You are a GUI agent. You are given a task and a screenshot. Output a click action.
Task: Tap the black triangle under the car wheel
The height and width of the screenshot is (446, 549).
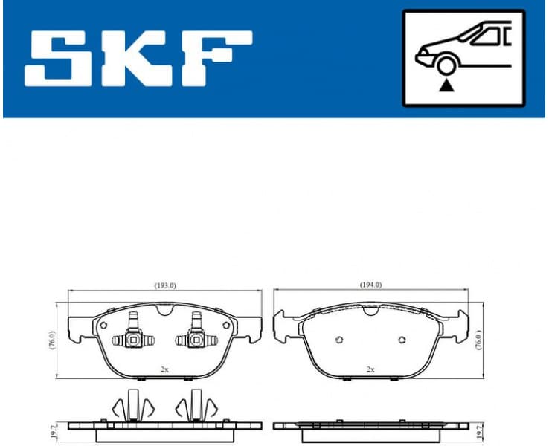tap(446, 85)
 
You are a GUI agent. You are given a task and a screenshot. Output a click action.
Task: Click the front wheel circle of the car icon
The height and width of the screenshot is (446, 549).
tap(446, 65)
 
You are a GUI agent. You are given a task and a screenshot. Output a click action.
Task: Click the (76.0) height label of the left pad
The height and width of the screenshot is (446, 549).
tap(52, 341)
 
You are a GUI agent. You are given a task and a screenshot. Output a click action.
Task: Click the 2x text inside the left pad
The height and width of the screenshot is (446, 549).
tap(164, 369)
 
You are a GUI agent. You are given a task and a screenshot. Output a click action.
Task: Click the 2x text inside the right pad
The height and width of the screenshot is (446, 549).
tap(370, 369)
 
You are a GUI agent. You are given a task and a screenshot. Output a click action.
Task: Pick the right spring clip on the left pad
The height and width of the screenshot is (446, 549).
tap(196, 337)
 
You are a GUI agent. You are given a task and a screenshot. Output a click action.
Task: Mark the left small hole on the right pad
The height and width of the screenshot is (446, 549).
tap(339, 340)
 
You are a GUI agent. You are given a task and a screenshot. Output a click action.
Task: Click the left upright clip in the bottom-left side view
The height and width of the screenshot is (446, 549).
tap(133, 405)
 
